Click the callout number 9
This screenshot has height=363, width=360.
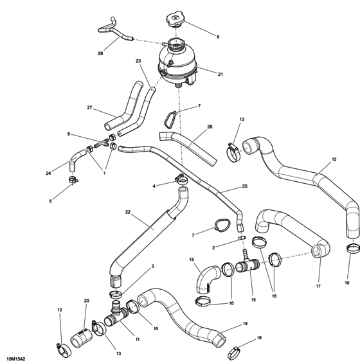(x=217, y=37)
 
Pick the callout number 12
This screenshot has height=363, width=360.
(x=334, y=159)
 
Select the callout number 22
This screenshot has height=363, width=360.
(x=127, y=213)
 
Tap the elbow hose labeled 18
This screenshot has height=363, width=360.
(x=206, y=281)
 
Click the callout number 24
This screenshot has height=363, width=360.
(x=49, y=173)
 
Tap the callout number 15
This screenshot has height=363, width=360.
(x=253, y=299)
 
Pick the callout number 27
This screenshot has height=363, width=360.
(x=90, y=108)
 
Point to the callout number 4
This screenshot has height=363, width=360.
(x=154, y=186)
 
